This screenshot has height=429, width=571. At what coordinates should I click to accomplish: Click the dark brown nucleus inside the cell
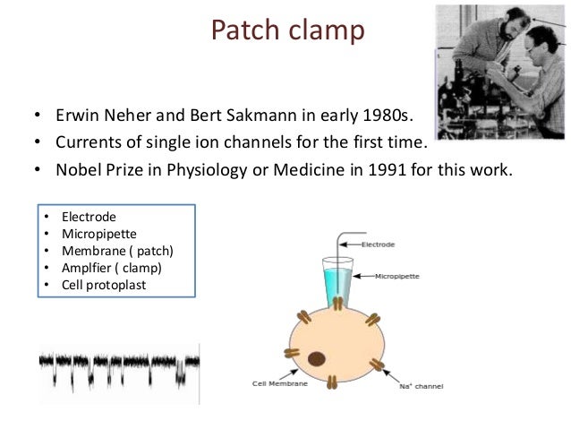(315, 360)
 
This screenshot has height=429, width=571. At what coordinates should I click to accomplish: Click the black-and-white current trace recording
(116, 368)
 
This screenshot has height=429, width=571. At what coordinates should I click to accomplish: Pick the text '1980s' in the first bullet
(407, 116)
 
